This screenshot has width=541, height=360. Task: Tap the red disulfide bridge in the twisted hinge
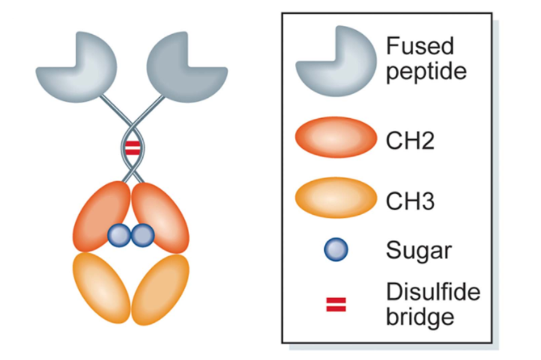point(132,148)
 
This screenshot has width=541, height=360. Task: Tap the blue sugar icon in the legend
point(336,250)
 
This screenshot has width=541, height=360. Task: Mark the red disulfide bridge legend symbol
point(336,304)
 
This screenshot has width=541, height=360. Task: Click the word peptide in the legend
point(426,71)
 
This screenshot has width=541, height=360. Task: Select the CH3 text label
point(408,200)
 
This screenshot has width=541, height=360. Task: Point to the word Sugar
point(418,251)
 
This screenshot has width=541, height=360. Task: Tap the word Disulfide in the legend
point(432,292)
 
